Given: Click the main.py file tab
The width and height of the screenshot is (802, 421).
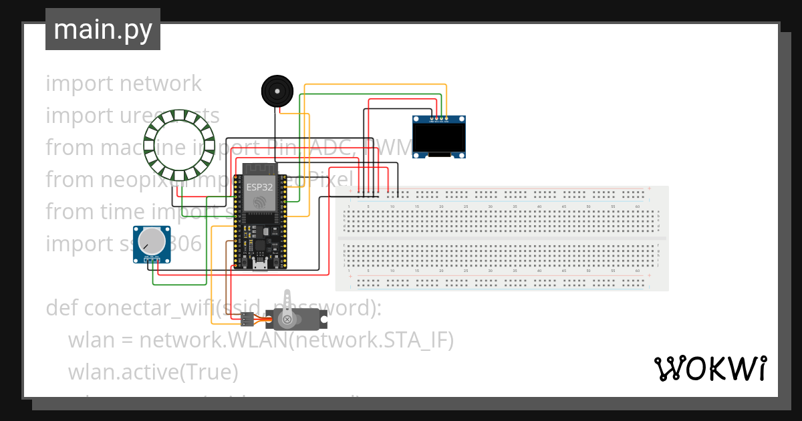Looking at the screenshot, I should pos(102,29).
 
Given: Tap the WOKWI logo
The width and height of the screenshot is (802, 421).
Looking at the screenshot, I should pos(710,368).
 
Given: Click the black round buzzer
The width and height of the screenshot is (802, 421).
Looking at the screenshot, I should pos(277,90).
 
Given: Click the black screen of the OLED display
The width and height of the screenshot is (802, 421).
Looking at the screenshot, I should pos(438,139).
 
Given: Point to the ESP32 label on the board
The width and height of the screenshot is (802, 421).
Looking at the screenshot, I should pos(259,186).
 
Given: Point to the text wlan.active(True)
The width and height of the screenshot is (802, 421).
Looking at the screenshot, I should pos(152,372).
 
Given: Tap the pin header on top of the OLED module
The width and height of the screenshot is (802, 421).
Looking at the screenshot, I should pos(438,121).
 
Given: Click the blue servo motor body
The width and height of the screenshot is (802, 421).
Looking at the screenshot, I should pos(304,319).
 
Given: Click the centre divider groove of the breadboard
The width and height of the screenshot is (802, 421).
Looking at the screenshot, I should pos(501,239).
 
